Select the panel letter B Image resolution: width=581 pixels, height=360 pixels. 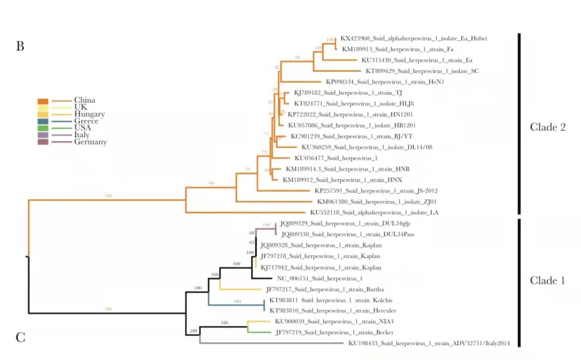pos(20,46)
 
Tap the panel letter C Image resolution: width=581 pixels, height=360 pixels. pos(20,338)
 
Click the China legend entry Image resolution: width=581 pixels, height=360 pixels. pos(84,101)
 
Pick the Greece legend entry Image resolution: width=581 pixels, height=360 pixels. pos(85,121)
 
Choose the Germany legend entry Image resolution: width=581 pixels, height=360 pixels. pos(90,142)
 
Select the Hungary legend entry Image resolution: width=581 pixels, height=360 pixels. pos(89,115)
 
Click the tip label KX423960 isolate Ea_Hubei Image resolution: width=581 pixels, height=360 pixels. pos(413,39)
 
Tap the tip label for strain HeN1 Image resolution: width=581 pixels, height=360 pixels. pos(385,82)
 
